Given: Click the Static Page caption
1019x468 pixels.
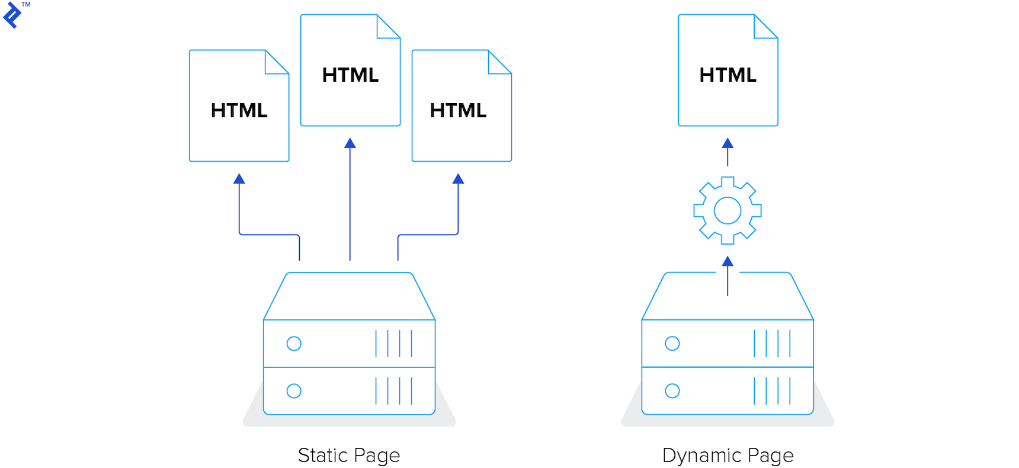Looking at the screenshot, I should pos(349,455).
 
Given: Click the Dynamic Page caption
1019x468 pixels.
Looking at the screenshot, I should pos(728,455).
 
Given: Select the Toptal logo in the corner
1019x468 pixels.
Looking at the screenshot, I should pos(13,15).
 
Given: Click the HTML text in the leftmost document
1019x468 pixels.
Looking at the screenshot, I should pos(239,111).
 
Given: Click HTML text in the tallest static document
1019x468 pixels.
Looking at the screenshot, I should pos(350,75).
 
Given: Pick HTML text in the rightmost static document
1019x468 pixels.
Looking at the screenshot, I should pos(458,111).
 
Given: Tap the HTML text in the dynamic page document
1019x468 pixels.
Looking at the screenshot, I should pos(728,75).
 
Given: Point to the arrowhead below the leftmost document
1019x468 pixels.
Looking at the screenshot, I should pos(239,179).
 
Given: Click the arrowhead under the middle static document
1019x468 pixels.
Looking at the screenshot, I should pos(350,143).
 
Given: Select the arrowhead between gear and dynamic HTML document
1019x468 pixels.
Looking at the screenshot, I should pos(728,143).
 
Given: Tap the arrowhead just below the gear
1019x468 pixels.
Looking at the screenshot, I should pos(728,261).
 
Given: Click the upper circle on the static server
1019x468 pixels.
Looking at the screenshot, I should pos(294,344).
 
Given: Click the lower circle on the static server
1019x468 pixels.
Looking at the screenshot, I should pos(294,391).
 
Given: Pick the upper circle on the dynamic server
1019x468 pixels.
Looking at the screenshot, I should pos(672,344).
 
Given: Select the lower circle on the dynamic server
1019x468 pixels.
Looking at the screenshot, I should pos(672,391).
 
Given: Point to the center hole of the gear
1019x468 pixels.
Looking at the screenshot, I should pos(728,210).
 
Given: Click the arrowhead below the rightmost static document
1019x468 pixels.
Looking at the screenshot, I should pos(458,179).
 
